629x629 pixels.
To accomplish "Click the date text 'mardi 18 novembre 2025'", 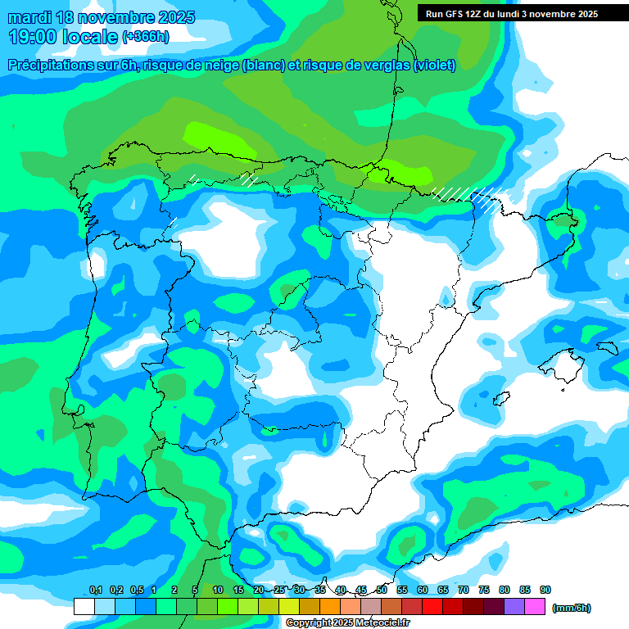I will (101, 17).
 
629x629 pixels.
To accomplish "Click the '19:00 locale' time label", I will (65, 37).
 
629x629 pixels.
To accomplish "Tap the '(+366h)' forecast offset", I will (145, 37).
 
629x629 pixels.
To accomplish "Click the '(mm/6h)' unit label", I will (571, 608).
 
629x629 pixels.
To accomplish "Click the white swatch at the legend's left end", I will (84, 607).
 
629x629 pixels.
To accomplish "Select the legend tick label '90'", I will (545, 591).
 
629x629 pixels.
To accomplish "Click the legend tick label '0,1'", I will (95, 591).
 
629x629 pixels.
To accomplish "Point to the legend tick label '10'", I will (218, 591).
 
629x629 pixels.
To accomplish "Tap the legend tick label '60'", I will (423, 591).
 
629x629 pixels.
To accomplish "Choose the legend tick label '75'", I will (484, 591).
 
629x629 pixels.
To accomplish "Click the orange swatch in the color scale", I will (330, 607).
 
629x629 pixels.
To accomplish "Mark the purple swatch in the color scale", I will (514, 607).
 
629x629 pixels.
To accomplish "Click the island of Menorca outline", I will (607, 347).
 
